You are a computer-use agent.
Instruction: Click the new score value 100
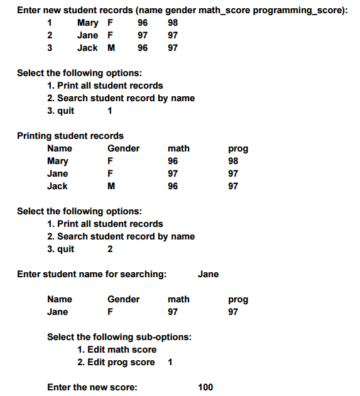[205, 387]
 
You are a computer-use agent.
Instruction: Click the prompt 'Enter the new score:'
[92, 387]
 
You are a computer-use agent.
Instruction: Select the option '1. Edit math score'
[117, 349]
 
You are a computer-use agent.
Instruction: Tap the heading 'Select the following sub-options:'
[119, 337]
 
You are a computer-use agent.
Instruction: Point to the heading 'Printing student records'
[70, 136]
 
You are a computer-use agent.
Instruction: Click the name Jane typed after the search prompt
[208, 274]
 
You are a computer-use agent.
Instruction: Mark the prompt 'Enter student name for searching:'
[92, 274]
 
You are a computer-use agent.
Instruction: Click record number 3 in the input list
[50, 48]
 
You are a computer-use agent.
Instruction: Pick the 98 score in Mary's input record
[173, 23]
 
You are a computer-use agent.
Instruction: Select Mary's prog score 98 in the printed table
[233, 161]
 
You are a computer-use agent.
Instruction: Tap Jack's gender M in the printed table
[111, 186]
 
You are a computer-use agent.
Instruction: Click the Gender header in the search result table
[124, 299]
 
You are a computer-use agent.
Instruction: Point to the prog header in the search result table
[238, 299]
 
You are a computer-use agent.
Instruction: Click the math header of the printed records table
[178, 148]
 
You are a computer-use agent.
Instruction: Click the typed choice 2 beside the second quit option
[111, 249]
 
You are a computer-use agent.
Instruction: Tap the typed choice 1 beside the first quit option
[110, 111]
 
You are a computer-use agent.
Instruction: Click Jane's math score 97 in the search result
[173, 312]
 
